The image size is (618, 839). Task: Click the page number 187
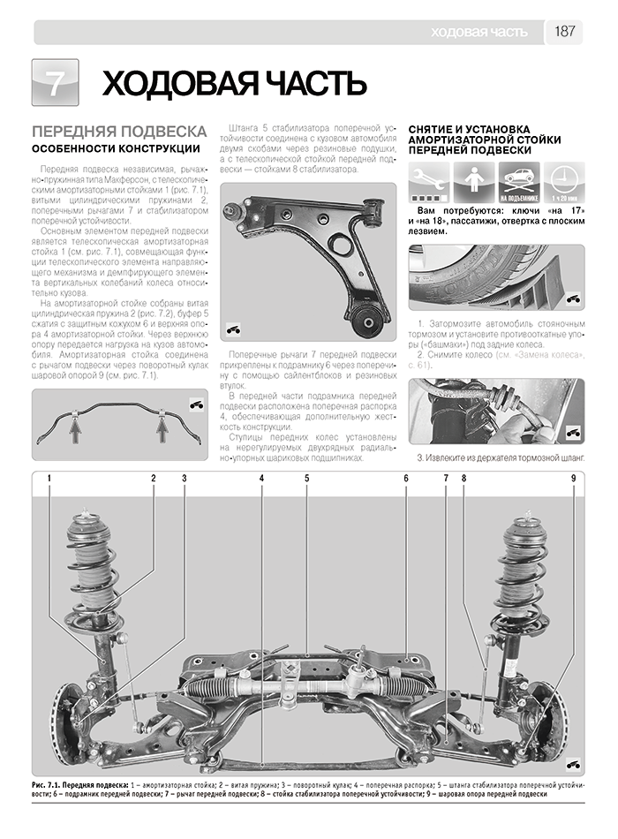pyautogui.click(x=565, y=32)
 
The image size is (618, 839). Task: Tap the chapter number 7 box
pyautogui.click(x=55, y=83)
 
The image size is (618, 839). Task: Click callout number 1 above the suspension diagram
pyautogui.click(x=50, y=479)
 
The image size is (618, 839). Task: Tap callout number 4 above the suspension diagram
pyautogui.click(x=262, y=479)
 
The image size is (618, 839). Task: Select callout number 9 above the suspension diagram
pyautogui.click(x=572, y=479)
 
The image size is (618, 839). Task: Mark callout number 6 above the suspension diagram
pyautogui.click(x=406, y=479)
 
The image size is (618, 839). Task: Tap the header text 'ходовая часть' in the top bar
pyautogui.click(x=479, y=32)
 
